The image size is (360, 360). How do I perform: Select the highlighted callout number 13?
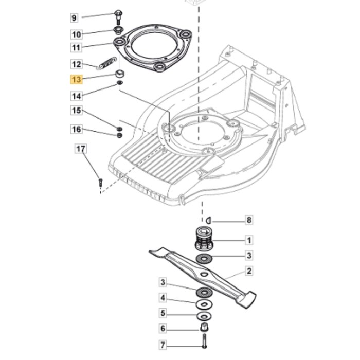[76, 80]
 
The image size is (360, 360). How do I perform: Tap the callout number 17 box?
[81, 149]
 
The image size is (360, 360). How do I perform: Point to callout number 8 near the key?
[249, 220]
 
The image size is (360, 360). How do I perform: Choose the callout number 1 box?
[249, 240]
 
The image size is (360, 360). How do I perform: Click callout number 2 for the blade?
[249, 271]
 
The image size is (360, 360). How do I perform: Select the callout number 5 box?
[163, 313]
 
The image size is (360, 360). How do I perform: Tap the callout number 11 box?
[76, 48]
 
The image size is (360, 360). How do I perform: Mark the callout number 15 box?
[76, 111]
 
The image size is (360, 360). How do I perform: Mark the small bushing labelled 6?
[204, 329]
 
